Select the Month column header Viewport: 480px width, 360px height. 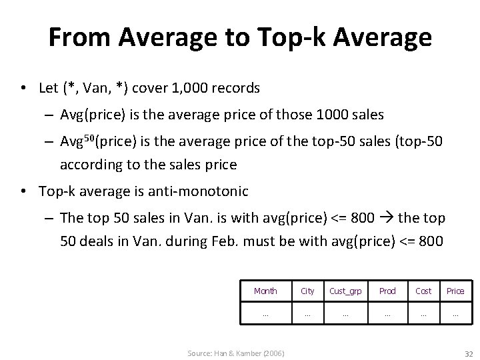(x=265, y=291)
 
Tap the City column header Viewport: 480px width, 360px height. (x=307, y=291)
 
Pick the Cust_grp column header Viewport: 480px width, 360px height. (x=345, y=291)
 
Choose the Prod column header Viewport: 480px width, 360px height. (x=387, y=291)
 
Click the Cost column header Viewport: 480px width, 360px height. (x=423, y=291)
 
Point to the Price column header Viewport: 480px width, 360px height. (x=455, y=291)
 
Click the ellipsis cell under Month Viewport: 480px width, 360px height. (x=265, y=312)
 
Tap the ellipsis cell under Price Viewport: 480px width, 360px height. (x=455, y=312)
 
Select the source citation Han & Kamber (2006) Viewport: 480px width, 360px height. (x=235, y=352)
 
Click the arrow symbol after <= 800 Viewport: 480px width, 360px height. (x=387, y=217)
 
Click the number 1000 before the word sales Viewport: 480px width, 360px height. (x=331, y=114)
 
